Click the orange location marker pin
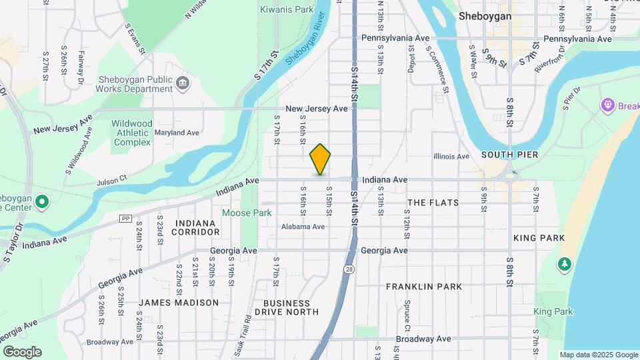click(321, 159)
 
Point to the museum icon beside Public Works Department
click(183, 83)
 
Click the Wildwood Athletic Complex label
click(132, 133)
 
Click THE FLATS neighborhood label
click(433, 203)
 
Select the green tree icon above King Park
click(565, 265)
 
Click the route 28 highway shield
click(349, 269)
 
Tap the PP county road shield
click(125, 219)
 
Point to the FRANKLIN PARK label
click(424, 287)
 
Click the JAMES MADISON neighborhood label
click(179, 303)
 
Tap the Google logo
click(22, 351)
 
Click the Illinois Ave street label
click(451, 157)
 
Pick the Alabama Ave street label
click(302, 227)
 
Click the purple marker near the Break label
click(607, 105)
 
